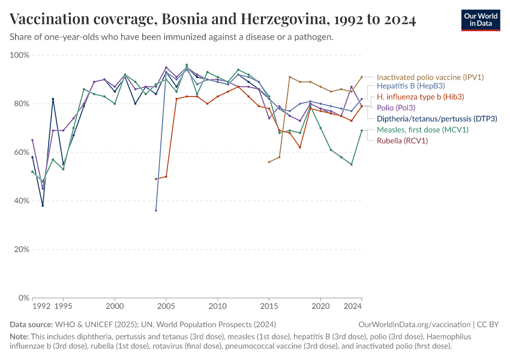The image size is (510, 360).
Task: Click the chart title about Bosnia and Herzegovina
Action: click(x=213, y=19)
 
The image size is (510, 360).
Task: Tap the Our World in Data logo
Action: click(x=481, y=20)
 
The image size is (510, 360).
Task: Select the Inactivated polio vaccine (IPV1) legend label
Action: click(x=430, y=77)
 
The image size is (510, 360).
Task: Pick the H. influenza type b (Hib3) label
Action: click(x=420, y=97)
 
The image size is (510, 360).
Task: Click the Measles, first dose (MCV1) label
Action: click(x=422, y=130)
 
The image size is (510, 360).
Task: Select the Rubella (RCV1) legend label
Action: click(x=402, y=140)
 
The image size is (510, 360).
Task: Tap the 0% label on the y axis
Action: click(x=23, y=298)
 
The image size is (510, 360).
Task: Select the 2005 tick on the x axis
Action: click(x=166, y=307)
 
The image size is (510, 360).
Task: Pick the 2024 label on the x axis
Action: click(x=353, y=307)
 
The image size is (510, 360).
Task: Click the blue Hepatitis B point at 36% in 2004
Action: click(x=156, y=211)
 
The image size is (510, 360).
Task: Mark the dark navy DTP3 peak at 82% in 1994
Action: click(x=53, y=99)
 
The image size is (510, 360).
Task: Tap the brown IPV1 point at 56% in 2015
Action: click(x=269, y=162)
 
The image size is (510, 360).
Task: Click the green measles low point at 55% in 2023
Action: click(x=352, y=164)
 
